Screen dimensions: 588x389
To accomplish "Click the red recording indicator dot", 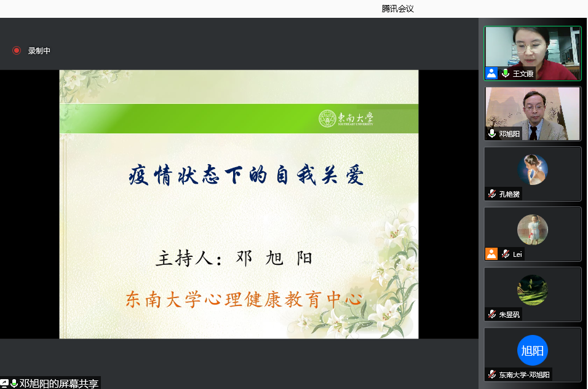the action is [x=17, y=50].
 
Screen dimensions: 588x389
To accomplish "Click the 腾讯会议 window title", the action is [x=397, y=9].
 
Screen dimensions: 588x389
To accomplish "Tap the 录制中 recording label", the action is [x=39, y=50].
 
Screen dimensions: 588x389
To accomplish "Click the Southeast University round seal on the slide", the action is [x=327, y=119].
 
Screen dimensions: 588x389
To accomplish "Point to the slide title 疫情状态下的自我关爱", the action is [x=246, y=175].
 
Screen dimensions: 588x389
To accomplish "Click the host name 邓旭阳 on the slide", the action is [x=274, y=258].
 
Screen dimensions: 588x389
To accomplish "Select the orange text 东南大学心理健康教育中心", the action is [x=244, y=299].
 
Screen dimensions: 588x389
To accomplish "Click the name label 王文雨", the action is [x=523, y=74].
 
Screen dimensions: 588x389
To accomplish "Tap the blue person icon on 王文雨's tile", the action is [x=491, y=73].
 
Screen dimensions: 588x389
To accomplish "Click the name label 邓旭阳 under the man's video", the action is [x=509, y=134].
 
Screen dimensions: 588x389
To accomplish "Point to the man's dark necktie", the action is [x=533, y=133].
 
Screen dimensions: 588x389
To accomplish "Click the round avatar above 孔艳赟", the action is [x=533, y=170].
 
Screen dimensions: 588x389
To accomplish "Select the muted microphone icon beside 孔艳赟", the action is [x=492, y=194].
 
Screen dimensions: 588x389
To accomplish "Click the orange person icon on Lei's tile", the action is [x=491, y=254].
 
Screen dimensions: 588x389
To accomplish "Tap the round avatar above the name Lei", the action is [x=533, y=230].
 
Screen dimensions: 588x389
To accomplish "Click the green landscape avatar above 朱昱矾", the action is [x=533, y=290].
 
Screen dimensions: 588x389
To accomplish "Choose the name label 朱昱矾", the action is [x=509, y=315].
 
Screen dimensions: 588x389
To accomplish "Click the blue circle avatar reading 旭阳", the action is [x=533, y=350].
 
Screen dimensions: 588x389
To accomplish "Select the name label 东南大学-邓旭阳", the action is [x=524, y=375].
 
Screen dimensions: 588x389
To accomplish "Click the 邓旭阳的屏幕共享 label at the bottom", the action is [x=59, y=383].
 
